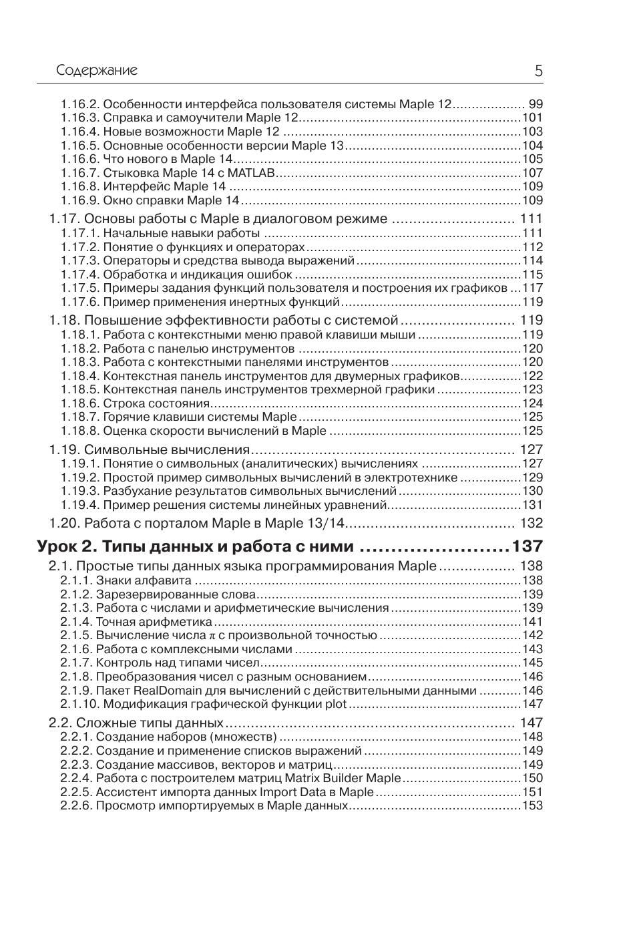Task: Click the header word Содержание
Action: pyautogui.click(x=97, y=70)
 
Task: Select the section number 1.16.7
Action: pyautogui.click(x=80, y=173)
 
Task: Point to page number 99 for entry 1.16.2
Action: pyautogui.click(x=535, y=104)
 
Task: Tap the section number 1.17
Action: pyautogui.click(x=64, y=219)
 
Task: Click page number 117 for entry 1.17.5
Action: pyautogui.click(x=533, y=288)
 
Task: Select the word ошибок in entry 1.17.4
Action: pyautogui.click(x=271, y=274)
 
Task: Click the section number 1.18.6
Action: pyautogui.click(x=80, y=403)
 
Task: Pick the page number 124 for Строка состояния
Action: pyautogui.click(x=533, y=403)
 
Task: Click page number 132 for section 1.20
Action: pyautogui.click(x=531, y=523)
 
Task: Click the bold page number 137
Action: pyautogui.click(x=527, y=546)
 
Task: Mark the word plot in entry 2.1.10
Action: pyautogui.click(x=336, y=704)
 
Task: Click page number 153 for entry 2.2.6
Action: pyautogui.click(x=533, y=805)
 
